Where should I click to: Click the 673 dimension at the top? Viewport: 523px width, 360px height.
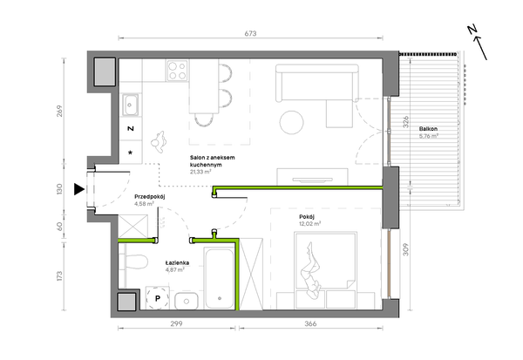pos(250,33)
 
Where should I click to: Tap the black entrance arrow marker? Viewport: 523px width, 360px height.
pos(79,189)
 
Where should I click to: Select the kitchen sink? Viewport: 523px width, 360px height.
pos(130,105)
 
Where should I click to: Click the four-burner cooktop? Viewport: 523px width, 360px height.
pos(177,71)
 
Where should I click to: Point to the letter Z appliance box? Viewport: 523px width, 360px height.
pos(131,128)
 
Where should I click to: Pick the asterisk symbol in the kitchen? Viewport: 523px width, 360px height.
pos(131,153)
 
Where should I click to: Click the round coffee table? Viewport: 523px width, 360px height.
pos(291,122)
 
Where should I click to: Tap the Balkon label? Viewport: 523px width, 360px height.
pos(428,129)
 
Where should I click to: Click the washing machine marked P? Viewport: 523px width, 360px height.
pos(158,298)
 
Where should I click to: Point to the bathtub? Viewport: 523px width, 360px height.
pos(220,278)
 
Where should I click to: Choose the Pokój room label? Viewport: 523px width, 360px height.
pos(307,216)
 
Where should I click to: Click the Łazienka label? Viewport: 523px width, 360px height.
pos(177,262)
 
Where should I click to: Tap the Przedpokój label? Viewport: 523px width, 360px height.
pos(149,196)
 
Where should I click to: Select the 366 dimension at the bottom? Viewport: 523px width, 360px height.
pos(310,323)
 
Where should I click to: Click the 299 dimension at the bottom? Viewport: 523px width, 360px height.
pos(176,323)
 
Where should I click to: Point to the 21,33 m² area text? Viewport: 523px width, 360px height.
pos(200,172)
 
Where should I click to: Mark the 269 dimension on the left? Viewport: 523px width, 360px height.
pos(59,111)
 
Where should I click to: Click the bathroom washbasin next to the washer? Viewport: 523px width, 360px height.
pos(187,301)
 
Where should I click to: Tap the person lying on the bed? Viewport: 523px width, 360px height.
pos(311,271)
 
